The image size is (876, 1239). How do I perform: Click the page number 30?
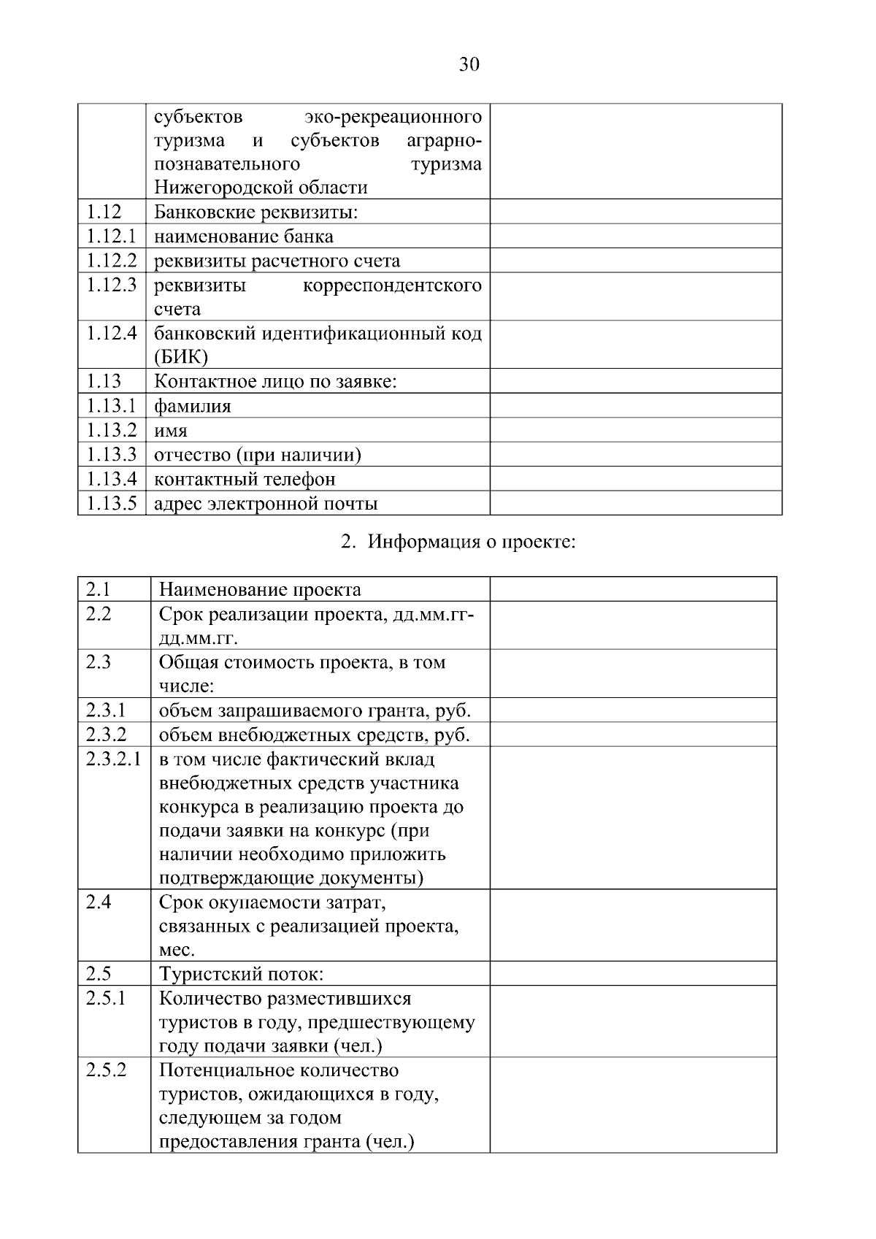(469, 65)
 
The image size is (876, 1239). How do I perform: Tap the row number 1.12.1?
(111, 237)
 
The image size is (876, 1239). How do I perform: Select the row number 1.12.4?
(111, 334)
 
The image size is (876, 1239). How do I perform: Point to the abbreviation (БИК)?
(181, 357)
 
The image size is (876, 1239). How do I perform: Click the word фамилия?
(193, 407)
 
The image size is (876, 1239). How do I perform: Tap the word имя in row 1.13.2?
(171, 431)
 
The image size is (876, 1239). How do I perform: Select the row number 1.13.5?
(111, 503)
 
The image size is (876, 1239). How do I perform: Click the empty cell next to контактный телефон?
(635, 479)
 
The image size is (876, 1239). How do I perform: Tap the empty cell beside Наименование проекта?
(633, 589)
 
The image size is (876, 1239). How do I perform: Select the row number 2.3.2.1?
(113, 759)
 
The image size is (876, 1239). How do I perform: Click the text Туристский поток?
(241, 974)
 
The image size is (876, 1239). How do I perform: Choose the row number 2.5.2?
(106, 1070)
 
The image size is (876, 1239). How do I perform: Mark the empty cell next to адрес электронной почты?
(635, 503)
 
